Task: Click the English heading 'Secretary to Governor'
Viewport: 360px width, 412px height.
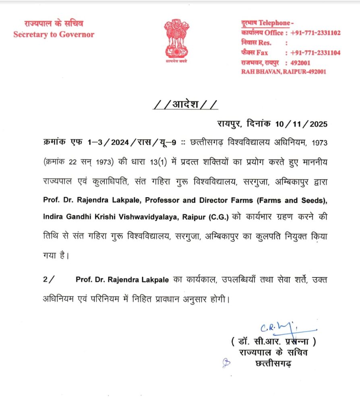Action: [54, 35]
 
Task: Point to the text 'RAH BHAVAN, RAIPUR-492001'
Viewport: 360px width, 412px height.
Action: [283, 72]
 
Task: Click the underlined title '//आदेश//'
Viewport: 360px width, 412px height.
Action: [186, 105]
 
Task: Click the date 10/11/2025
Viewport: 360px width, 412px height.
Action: [302, 124]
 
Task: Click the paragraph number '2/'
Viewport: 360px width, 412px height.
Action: [48, 280]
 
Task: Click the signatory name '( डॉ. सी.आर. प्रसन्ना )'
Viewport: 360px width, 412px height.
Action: [273, 342]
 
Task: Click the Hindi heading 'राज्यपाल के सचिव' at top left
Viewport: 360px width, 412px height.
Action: [54, 24]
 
